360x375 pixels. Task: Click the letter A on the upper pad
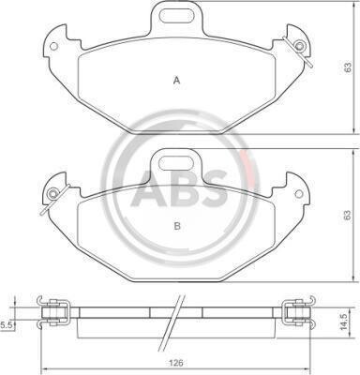point(177,81)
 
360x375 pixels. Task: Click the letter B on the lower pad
point(177,226)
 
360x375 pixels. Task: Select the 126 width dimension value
point(176,364)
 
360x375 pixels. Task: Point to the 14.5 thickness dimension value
point(344,322)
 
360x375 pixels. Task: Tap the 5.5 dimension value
point(7,325)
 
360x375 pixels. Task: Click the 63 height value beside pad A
point(348,67)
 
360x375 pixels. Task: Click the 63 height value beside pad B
point(348,215)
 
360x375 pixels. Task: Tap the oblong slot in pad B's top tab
point(176,162)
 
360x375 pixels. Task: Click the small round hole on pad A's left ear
point(53,46)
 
